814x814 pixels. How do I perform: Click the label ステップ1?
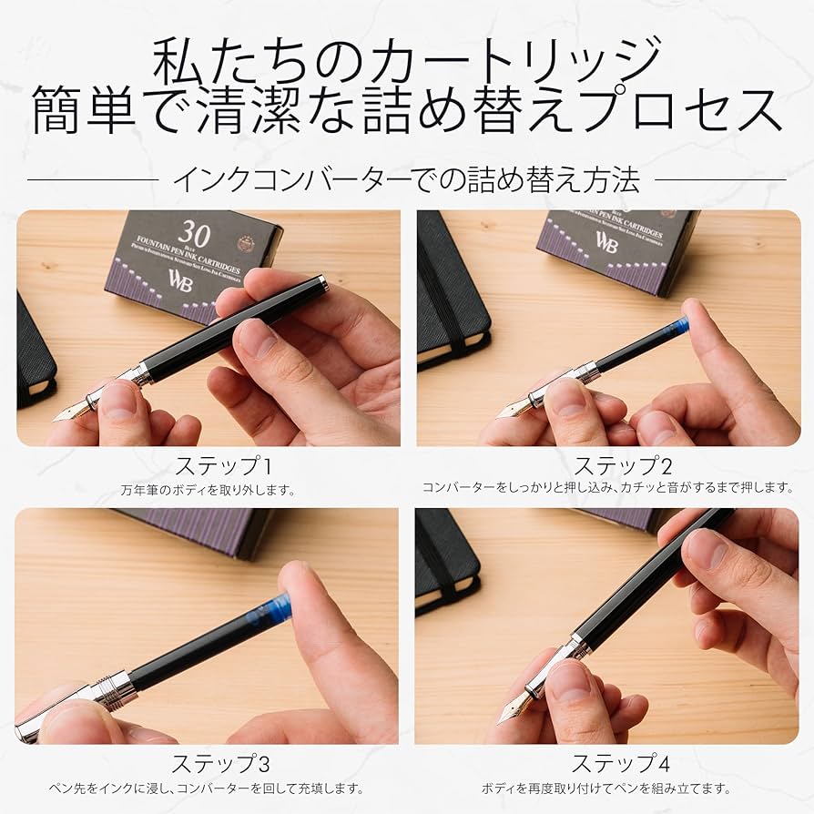pos(223,467)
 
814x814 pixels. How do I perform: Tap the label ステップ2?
pos(623,467)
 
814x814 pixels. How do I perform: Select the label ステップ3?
pos(221,763)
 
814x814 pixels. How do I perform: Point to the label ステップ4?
pos(615,763)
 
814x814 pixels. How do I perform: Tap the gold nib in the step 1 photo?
pos(71,411)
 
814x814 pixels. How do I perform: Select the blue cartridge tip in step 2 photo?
pos(677,325)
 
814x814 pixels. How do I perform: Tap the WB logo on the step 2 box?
pos(606,241)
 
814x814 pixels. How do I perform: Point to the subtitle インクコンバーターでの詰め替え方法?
pos(406,179)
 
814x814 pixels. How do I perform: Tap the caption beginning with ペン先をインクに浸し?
pos(207,789)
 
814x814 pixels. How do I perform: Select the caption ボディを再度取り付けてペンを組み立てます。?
pos(605,789)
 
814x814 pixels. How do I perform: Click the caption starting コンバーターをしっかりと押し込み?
pos(608,488)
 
